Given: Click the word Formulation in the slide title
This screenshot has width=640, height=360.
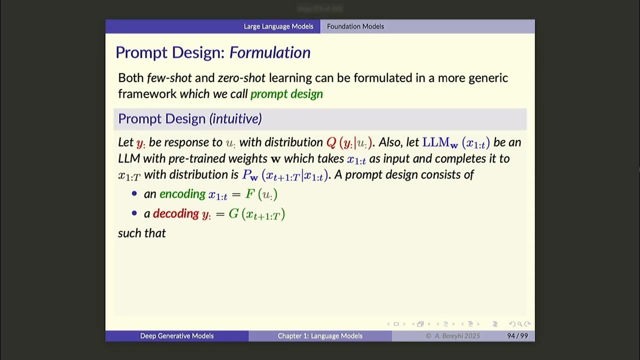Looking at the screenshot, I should click(269, 52).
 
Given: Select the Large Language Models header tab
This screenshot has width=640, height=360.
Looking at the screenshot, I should click(278, 26).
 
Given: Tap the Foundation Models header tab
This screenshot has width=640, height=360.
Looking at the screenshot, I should click(355, 26).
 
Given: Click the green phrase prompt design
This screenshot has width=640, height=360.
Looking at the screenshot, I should click(286, 94).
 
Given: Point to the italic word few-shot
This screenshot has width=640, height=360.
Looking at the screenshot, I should click(169, 78).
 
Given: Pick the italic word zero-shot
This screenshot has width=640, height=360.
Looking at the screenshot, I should click(241, 78).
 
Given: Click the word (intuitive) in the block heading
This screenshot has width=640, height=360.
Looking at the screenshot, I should click(235, 119).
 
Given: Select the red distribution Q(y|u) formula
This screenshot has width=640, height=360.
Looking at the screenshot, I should click(349, 142).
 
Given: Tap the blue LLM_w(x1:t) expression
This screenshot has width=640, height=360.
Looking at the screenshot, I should click(456, 142).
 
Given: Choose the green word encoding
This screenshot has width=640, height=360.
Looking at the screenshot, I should click(182, 194).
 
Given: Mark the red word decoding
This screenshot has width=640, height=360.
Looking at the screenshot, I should click(175, 213).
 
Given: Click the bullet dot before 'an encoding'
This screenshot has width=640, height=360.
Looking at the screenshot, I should click(134, 194).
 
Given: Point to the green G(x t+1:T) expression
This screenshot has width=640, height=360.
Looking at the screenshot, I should click(256, 214).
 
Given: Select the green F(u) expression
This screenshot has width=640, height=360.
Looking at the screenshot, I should click(261, 194).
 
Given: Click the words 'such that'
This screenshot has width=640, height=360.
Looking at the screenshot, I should click(141, 233).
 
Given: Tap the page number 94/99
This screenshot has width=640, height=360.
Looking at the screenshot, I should click(517, 336).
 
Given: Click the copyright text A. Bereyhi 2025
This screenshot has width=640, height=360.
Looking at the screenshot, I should click(452, 336).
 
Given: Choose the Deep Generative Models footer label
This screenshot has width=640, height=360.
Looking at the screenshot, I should click(176, 336).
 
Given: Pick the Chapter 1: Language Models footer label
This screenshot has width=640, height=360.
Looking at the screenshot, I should click(320, 336).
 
